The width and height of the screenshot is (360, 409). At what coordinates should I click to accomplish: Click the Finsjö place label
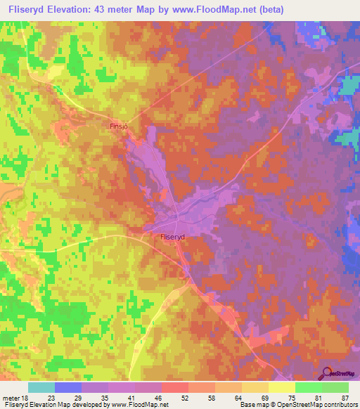[119, 126]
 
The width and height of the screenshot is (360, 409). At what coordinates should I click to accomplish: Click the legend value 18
[28, 397]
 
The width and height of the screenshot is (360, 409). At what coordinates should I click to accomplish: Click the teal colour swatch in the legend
[41, 387]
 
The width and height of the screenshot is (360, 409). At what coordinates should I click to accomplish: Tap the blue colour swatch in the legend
[68, 387]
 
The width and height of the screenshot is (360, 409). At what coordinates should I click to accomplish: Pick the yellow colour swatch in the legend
[281, 387]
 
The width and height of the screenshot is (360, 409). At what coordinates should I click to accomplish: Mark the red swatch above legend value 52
[175, 387]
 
